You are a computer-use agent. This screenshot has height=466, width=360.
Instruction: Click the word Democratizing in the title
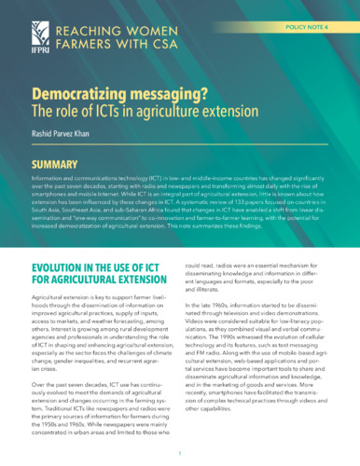click(86, 97)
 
